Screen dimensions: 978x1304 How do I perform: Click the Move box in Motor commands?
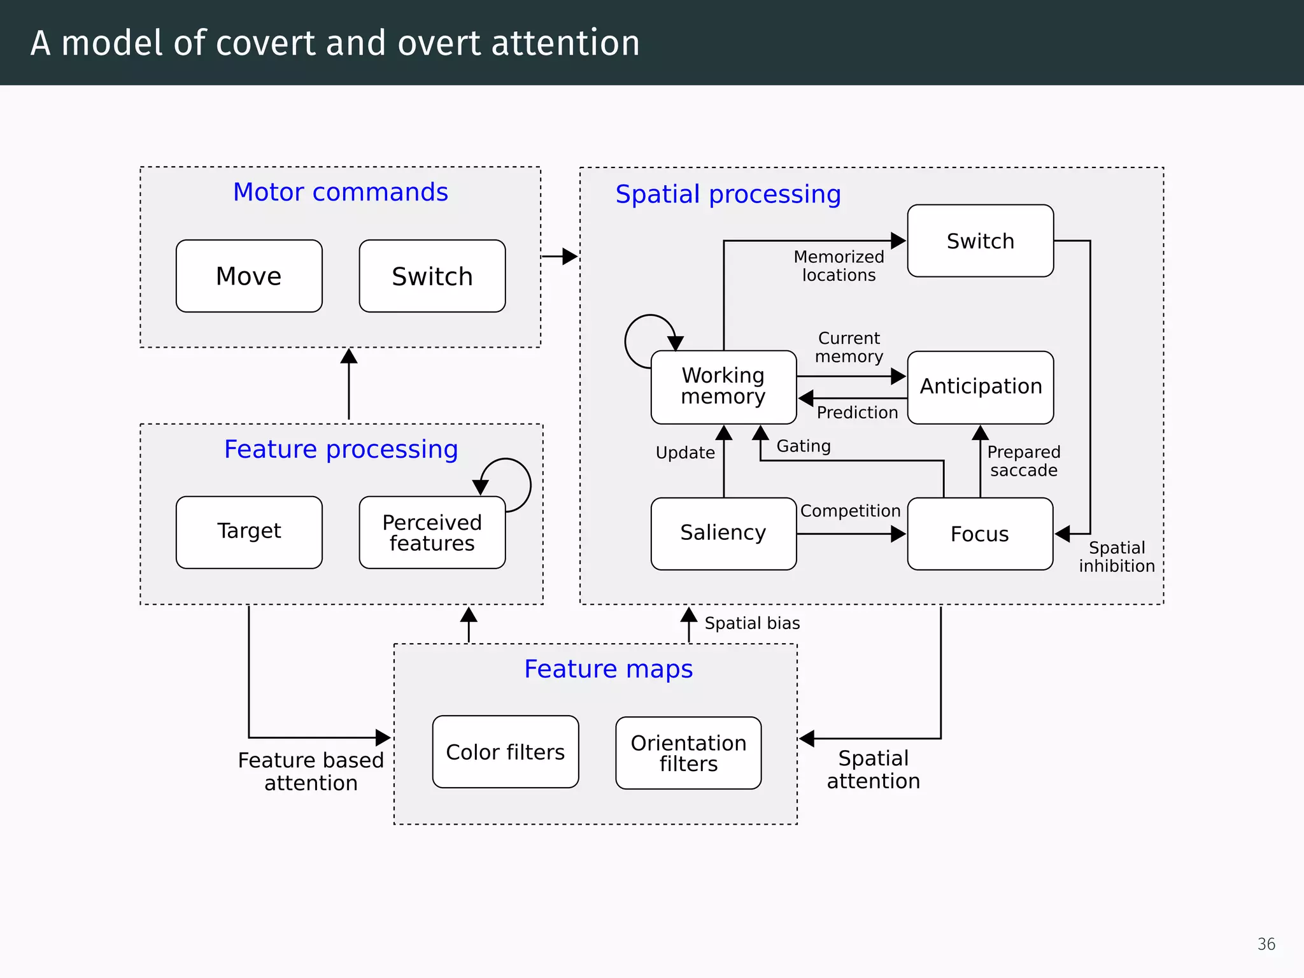(x=249, y=276)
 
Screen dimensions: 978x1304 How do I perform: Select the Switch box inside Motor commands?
(x=432, y=276)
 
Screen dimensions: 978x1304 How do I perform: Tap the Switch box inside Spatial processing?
(x=980, y=241)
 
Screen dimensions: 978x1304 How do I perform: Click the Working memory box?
(x=723, y=386)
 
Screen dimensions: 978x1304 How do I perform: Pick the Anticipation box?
(x=980, y=386)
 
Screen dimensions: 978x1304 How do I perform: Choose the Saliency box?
(x=723, y=533)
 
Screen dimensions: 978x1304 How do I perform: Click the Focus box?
(x=980, y=534)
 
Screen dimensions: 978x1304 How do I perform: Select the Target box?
(x=249, y=532)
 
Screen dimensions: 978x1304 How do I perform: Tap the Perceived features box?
(x=432, y=532)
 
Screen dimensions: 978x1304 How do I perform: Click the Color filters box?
(x=506, y=752)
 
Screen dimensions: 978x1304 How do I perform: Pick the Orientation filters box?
(x=688, y=753)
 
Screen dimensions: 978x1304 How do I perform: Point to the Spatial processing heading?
(x=728, y=194)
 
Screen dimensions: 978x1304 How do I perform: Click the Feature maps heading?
(x=608, y=669)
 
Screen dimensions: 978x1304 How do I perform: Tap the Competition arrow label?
(x=850, y=511)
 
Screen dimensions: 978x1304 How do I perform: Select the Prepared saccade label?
(x=1023, y=461)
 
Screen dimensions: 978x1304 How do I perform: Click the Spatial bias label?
(x=752, y=623)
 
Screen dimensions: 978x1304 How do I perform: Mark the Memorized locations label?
(x=839, y=266)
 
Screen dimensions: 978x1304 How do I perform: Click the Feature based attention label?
(x=311, y=771)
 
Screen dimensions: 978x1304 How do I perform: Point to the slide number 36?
(x=1266, y=944)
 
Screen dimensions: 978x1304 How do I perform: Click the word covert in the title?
(x=266, y=43)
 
